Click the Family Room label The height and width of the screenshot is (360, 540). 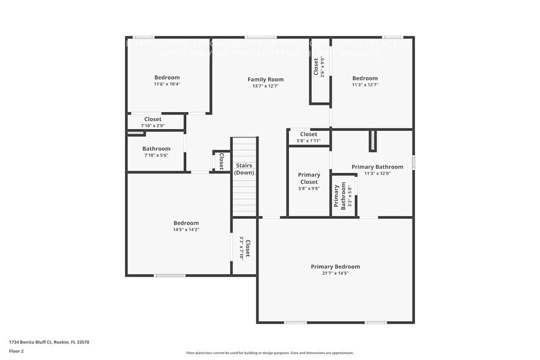tap(265, 80)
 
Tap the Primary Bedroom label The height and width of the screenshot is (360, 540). tap(335, 266)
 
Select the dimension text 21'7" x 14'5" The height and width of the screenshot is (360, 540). tap(335, 274)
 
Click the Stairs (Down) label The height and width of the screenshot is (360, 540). tap(244, 169)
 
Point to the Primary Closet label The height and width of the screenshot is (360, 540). tap(309, 178)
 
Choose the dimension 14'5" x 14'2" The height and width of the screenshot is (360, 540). tap(186, 230)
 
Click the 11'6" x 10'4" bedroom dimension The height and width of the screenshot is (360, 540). tap(167, 84)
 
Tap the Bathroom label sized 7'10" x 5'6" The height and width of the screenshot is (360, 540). tap(156, 149)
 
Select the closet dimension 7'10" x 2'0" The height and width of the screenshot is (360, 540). tap(152, 126)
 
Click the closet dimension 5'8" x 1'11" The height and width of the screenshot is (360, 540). tap(309, 141)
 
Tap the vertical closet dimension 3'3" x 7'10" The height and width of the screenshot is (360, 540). tap(242, 249)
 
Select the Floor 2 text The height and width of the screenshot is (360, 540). tap(17, 351)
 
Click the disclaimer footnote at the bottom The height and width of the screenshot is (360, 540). tap(269, 353)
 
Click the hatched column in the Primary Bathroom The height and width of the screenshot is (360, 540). tap(372, 141)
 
